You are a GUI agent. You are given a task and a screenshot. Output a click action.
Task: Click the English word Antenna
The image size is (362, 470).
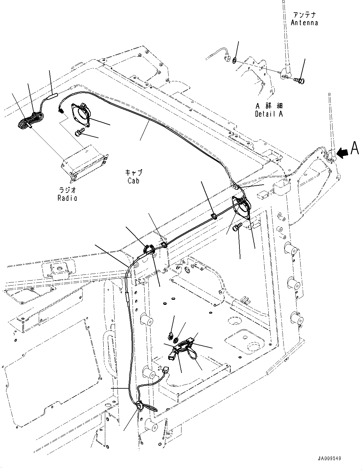[x=304, y=23]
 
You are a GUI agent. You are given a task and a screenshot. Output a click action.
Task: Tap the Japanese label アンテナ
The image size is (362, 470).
[x=304, y=15]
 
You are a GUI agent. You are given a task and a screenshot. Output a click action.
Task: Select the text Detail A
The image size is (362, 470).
[x=269, y=114]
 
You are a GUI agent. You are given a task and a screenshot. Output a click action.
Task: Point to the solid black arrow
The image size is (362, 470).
[x=342, y=153]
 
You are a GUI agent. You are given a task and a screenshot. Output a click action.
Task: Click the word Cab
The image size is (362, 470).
[x=133, y=181]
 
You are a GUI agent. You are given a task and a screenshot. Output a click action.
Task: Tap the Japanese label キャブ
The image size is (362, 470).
[x=134, y=173]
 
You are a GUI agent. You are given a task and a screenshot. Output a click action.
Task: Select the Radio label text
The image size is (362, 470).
[x=67, y=198]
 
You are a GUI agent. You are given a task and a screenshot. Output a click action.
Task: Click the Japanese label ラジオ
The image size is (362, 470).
[x=67, y=190]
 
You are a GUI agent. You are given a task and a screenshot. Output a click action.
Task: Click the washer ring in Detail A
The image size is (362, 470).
[x=235, y=60]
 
